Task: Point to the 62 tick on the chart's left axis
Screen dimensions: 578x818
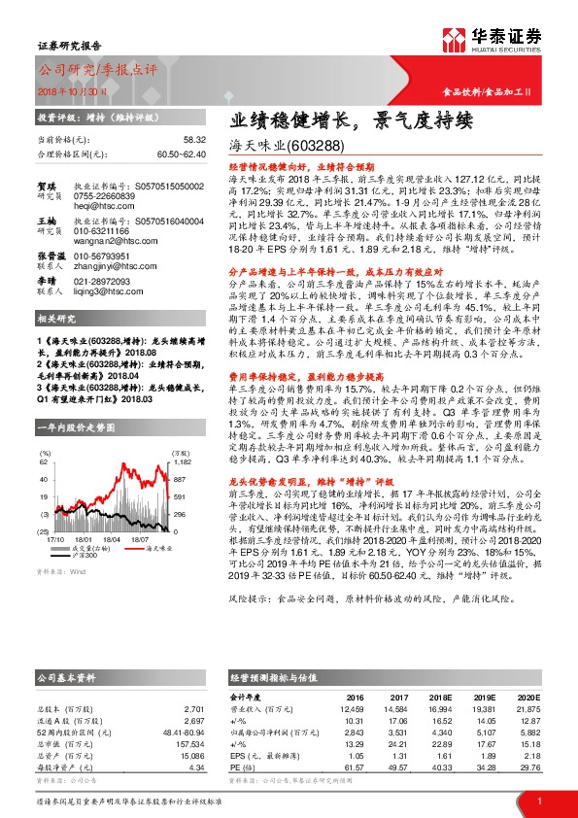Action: (44, 464)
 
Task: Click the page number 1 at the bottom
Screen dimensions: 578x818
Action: (538, 801)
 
